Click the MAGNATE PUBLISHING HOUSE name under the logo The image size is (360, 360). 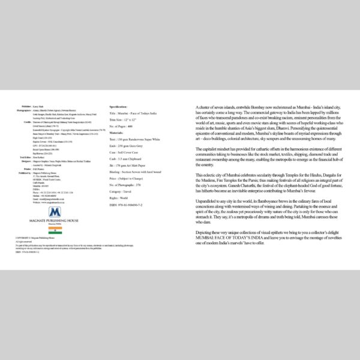(55, 221)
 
